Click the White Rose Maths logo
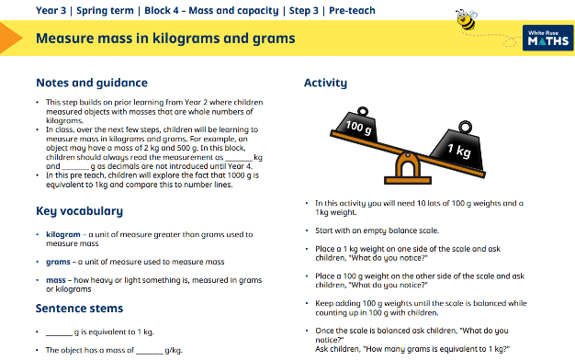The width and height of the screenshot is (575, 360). (x=547, y=38)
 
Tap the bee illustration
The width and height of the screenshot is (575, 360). (x=467, y=19)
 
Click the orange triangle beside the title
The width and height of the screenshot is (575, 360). (x=11, y=38)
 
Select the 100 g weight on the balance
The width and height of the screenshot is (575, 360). (x=357, y=125)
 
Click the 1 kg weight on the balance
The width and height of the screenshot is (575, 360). (x=457, y=145)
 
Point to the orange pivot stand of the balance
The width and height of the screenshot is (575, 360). (x=408, y=168)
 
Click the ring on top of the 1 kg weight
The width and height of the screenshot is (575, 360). (x=466, y=127)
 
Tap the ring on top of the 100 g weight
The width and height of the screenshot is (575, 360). (x=362, y=111)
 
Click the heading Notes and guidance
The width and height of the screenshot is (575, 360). (x=92, y=83)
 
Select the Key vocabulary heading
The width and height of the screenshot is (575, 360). (x=80, y=211)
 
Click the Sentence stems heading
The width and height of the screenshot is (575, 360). (x=79, y=309)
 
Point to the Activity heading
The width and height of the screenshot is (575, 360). (x=325, y=84)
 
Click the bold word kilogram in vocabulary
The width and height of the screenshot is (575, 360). (x=63, y=234)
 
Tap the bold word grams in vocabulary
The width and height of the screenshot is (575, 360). (x=58, y=262)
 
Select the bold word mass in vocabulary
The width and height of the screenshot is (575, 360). (x=56, y=280)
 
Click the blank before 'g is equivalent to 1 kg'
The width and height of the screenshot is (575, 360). (x=59, y=334)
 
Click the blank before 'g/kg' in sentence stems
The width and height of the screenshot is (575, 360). (x=149, y=353)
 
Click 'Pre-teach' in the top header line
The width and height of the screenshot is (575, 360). (x=352, y=11)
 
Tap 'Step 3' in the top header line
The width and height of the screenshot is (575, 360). (x=304, y=11)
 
